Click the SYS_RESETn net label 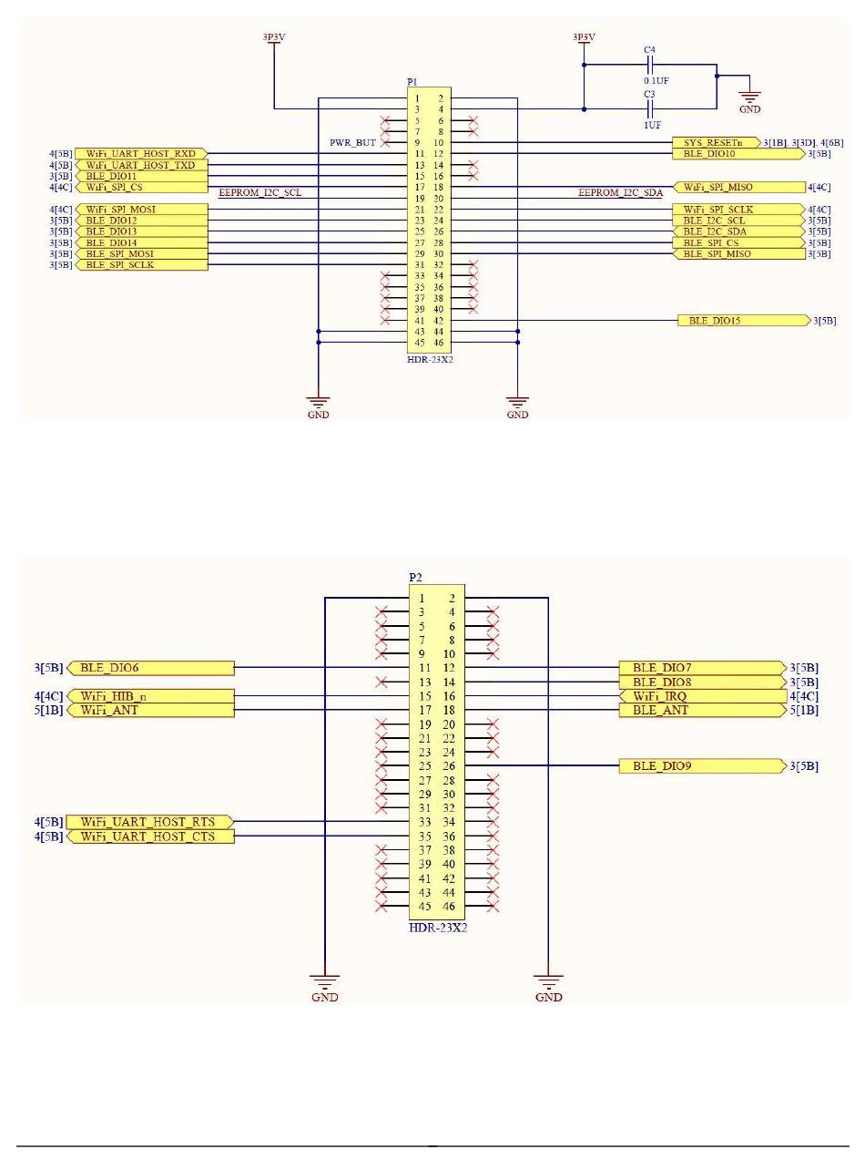pos(717,142)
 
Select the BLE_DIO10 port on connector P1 pos(738,153)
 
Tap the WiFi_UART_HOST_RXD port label pos(141,153)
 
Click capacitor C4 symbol pos(649,65)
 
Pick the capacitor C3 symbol pos(649,109)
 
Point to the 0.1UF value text pos(656,81)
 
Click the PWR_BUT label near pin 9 pos(352,142)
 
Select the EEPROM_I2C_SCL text pos(259,192)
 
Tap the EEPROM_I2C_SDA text pos(620,192)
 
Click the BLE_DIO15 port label pos(744,320)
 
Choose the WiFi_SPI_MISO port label pos(739,188)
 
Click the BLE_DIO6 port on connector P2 pos(151,668)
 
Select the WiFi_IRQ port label pos(703,696)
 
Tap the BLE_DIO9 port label pos(702,766)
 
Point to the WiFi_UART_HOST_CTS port pos(151,836)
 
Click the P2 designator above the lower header pos(415,577)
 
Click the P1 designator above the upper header pos(412,82)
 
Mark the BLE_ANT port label pos(702,710)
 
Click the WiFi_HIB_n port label pos(151,696)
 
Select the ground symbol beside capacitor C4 pos(749,97)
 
